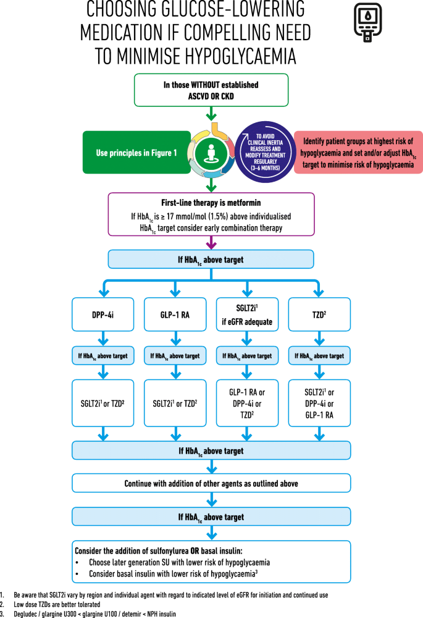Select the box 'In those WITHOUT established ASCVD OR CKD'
tap(211, 90)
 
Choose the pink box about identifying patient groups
tap(358, 152)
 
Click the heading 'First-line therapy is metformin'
tap(211, 203)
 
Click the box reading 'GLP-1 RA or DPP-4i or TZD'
tap(247, 402)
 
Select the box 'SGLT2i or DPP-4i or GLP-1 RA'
tap(319, 402)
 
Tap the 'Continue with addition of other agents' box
tap(211, 483)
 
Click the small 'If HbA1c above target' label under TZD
tap(319, 356)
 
